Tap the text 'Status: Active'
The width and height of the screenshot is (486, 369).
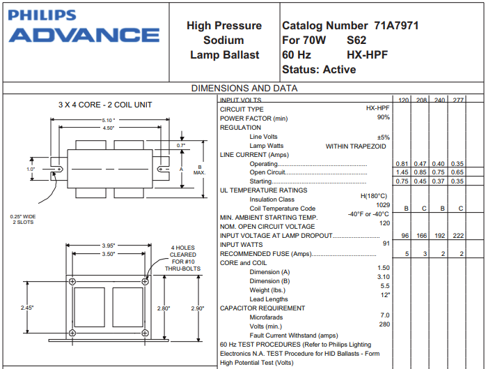319,70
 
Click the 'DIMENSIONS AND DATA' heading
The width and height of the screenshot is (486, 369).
244,88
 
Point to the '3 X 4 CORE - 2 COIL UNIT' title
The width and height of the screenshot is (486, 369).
105,105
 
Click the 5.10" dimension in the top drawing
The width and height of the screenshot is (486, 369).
109,120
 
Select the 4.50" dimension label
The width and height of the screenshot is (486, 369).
109,128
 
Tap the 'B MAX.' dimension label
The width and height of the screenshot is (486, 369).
200,170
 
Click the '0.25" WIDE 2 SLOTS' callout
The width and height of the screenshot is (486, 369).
23,219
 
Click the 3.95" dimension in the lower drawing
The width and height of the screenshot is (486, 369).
109,246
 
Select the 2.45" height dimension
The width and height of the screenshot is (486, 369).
27,308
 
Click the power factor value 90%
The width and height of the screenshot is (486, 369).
383,118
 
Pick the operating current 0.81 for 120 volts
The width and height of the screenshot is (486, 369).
402,163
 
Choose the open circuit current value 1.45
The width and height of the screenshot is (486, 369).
402,172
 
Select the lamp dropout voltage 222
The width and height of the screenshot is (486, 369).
457,236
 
